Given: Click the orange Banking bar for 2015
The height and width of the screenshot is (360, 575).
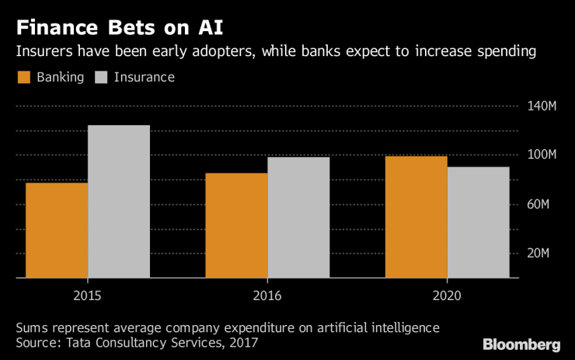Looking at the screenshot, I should pos(57,230).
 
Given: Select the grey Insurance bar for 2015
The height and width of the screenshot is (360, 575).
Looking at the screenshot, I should pos(118,201).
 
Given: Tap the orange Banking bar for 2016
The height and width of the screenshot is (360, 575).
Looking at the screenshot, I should pos(236,225).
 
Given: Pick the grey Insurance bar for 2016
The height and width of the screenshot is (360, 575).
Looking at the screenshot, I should pos(298,218).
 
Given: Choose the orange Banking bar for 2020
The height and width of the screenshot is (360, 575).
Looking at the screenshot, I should pos(416,217).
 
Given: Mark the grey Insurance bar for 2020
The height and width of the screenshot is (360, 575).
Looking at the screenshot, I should pos(478,222).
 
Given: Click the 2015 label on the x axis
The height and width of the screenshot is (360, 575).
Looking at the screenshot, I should pos(88,295).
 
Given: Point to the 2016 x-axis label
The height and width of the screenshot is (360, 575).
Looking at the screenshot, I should pos(267,295).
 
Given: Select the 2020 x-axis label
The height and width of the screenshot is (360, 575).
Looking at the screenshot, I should pos(447,295).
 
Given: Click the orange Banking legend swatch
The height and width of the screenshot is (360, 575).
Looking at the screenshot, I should pos(23,77).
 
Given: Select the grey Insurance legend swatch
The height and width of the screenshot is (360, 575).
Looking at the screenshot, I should pos(102,77).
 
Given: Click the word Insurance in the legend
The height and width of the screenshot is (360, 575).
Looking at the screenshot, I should pos(145,77).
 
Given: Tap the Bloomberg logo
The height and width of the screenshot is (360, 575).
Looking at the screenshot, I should pos(521,344).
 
